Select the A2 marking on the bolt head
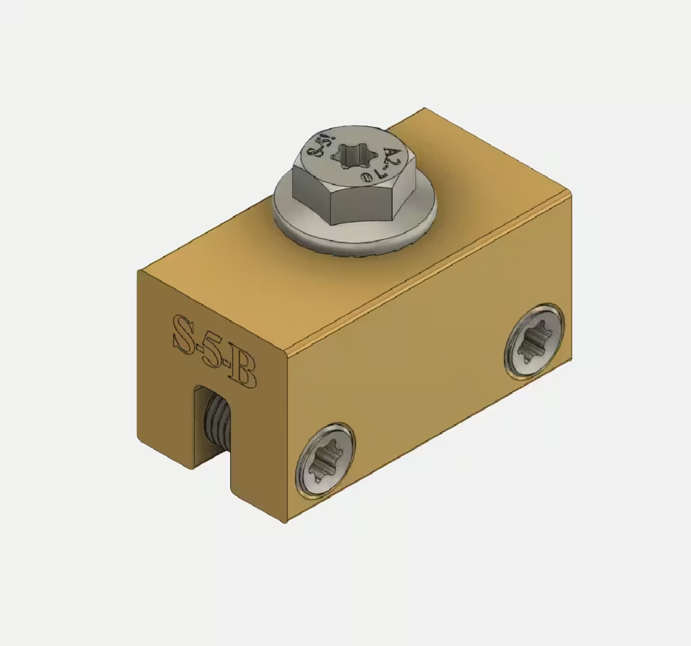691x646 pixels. [x=393, y=159]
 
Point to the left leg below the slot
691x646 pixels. [x=165, y=432]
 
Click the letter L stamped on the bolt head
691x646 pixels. [x=379, y=174]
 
